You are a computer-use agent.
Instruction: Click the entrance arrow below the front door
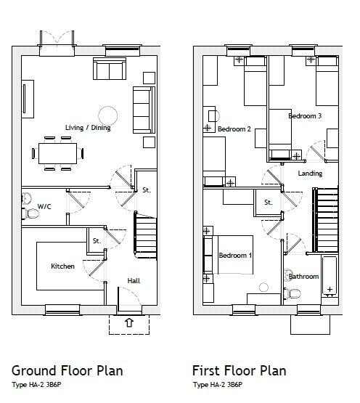129,322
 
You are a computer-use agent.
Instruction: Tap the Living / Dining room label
88,128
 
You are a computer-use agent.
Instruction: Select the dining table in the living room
57,153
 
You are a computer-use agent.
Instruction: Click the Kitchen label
62,266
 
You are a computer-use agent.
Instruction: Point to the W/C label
44,206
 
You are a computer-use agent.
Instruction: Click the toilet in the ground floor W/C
30,213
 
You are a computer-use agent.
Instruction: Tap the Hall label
134,281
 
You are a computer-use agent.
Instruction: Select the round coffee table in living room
108,115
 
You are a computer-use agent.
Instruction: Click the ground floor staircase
145,235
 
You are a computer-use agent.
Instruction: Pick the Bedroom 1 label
235,255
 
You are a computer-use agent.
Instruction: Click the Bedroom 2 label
234,129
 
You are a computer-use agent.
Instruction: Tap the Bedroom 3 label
305,116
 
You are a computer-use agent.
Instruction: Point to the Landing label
310,174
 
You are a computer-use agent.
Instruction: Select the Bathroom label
303,277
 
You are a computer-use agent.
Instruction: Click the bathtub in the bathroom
330,277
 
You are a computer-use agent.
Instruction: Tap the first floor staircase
325,220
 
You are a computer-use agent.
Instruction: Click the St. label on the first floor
269,203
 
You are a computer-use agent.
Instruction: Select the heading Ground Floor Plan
67,371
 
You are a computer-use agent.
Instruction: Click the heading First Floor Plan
240,371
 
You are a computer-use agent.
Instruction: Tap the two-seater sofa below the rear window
110,68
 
